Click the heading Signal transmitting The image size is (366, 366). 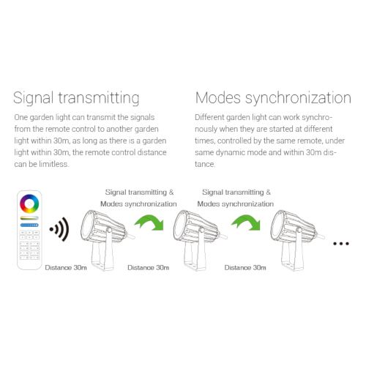[x=76, y=98]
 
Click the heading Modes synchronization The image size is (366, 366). [x=273, y=98]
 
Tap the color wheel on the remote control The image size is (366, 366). [x=29, y=203]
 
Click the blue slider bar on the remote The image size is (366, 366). [x=29, y=225]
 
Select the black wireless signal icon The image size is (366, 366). [x=59, y=229]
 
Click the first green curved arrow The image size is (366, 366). [x=149, y=223]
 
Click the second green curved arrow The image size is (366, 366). [x=246, y=223]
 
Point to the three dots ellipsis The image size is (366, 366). [x=341, y=243]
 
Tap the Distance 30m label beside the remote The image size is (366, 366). [x=66, y=268]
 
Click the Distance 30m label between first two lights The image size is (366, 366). [x=149, y=268]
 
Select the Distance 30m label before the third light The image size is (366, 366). [x=245, y=268]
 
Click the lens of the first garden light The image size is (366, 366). [x=87, y=225]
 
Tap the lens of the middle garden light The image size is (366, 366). [x=180, y=225]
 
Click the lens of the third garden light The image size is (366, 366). [x=277, y=225]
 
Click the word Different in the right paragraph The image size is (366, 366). [x=209, y=117]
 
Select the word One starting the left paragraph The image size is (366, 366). [x=20, y=117]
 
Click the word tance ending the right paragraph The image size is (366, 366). [x=205, y=164]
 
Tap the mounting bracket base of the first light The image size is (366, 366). [x=103, y=265]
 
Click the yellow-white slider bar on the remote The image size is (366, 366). [x=29, y=217]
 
